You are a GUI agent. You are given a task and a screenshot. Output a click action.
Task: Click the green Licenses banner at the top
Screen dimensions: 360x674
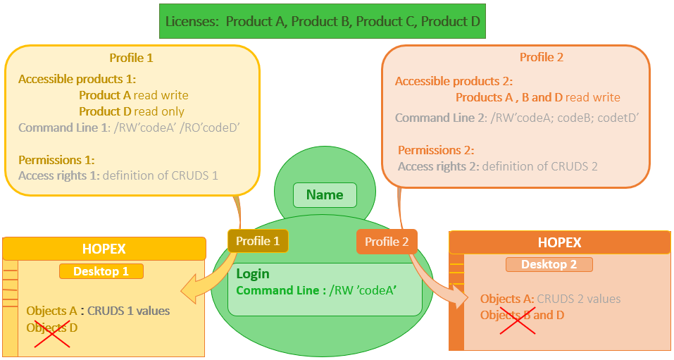(x=322, y=21)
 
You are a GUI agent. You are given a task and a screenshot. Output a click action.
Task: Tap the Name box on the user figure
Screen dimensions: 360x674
(x=325, y=195)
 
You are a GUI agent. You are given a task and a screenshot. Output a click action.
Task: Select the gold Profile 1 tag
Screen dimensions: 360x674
(x=258, y=241)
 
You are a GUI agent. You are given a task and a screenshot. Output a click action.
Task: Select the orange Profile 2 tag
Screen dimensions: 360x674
(x=387, y=242)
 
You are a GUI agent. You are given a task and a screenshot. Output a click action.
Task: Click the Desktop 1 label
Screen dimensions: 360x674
(x=101, y=271)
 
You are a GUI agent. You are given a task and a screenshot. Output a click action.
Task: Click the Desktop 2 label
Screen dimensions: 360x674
(x=549, y=264)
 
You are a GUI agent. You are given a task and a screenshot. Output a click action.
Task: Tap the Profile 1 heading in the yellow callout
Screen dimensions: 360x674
(x=131, y=58)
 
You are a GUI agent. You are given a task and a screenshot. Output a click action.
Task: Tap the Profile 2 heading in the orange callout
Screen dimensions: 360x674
(x=542, y=57)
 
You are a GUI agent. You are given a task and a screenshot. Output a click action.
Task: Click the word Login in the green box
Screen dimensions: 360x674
(x=253, y=274)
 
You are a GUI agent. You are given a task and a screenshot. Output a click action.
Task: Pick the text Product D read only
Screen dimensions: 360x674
(x=132, y=111)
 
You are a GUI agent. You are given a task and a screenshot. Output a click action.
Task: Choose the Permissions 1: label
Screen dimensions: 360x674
(x=56, y=160)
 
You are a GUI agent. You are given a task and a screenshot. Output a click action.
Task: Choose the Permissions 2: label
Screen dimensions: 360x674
(x=436, y=150)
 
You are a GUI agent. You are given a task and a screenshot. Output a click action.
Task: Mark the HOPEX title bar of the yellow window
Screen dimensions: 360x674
(x=104, y=249)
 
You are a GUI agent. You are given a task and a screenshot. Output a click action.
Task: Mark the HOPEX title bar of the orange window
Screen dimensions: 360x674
(x=559, y=242)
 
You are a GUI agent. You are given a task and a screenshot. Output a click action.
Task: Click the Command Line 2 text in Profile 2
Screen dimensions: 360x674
(x=516, y=118)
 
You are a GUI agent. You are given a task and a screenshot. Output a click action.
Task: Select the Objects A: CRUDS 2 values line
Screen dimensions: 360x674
(x=541, y=299)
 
